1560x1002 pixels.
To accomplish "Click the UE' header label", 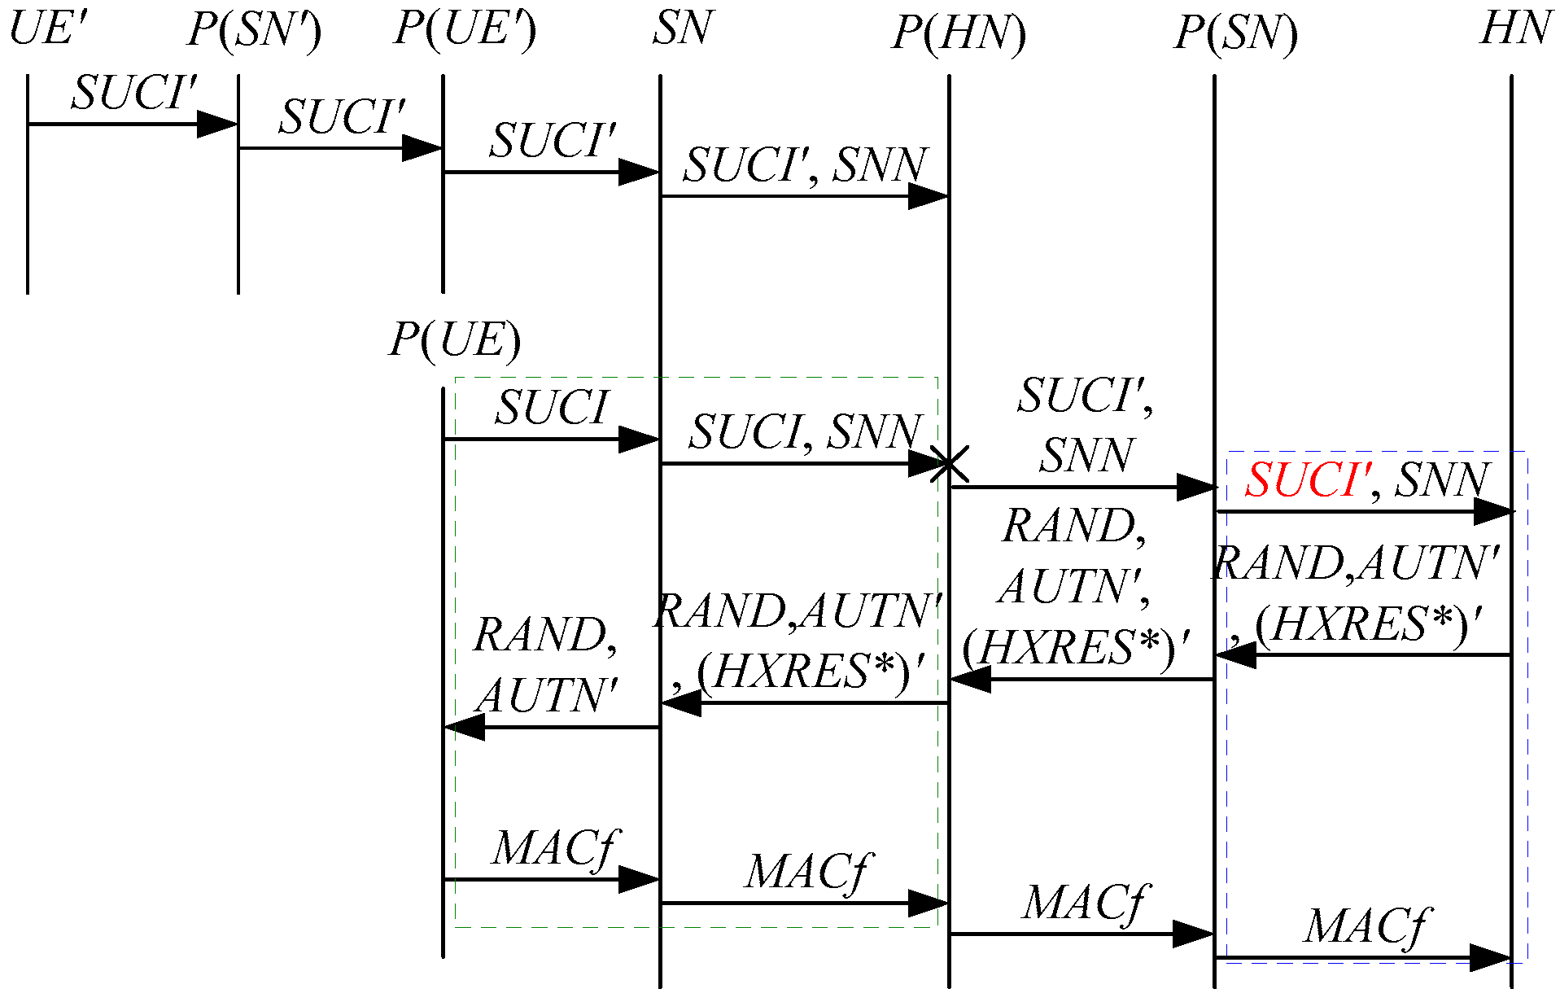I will (x=47, y=28).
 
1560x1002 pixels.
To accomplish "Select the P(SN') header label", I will (x=255, y=31).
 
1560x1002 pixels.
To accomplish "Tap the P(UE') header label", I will (x=465, y=29).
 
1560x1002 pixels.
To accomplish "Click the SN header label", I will (x=682, y=28).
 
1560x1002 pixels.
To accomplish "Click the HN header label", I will (x=1514, y=28).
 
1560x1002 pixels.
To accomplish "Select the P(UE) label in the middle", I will (x=455, y=339).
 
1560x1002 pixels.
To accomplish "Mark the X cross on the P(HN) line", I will (x=949, y=465).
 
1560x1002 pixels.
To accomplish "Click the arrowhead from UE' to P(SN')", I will (x=217, y=125).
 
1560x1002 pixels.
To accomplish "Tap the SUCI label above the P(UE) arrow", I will (x=552, y=408).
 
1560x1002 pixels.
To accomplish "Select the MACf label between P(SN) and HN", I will (x=1366, y=927).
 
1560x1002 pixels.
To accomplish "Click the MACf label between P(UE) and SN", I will (x=557, y=849).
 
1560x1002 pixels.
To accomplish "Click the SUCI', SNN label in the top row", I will (x=805, y=166).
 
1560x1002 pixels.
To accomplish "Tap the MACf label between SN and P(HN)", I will (x=809, y=873).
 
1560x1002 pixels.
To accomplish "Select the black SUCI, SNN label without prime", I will (x=805, y=432).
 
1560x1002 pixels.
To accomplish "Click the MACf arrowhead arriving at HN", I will (x=1492, y=958).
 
